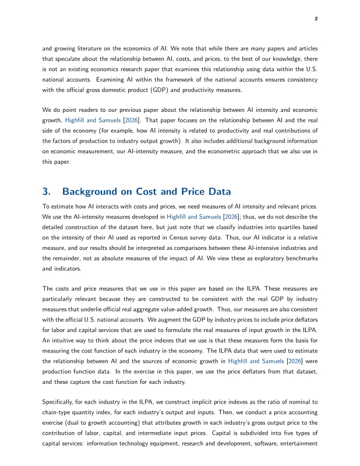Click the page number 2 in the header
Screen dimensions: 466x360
[316, 19]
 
